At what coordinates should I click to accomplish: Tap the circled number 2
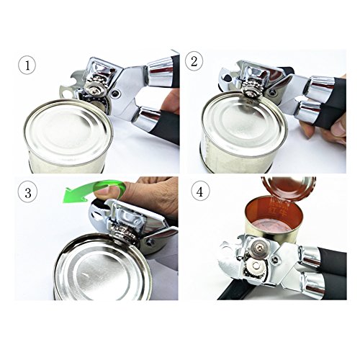194,60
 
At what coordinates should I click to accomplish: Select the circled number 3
27,193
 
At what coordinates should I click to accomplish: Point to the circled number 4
199,192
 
